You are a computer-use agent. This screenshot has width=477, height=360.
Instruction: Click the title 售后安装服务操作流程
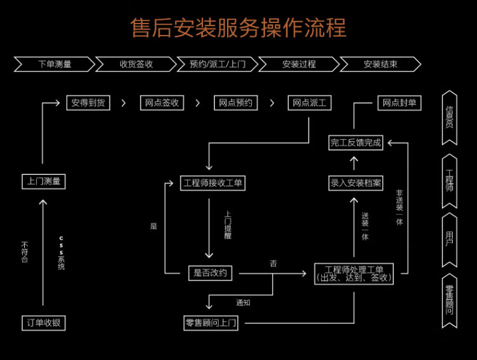[x=238, y=29]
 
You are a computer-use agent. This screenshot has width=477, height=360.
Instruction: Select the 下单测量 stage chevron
[x=54, y=64]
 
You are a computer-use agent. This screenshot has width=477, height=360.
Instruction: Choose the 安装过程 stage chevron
[x=298, y=64]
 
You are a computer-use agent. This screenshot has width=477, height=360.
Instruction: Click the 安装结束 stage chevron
[x=380, y=64]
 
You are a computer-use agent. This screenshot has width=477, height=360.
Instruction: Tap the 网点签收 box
[x=162, y=102]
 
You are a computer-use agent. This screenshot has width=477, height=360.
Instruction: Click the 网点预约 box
[x=235, y=102]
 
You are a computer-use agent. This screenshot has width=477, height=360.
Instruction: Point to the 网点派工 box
[x=310, y=102]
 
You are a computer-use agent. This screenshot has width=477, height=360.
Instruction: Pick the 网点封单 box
[x=399, y=102]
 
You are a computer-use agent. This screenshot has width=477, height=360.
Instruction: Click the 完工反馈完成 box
[x=356, y=143]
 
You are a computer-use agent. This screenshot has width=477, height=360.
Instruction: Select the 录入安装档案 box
[x=356, y=183]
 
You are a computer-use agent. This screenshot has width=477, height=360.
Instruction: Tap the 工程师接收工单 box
[x=213, y=183]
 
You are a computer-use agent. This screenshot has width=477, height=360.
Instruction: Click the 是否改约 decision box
[x=210, y=273]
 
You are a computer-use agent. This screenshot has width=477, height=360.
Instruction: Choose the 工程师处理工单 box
[x=354, y=273]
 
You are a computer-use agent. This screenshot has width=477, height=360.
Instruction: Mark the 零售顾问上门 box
[x=211, y=323]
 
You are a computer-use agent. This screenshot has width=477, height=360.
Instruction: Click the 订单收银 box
[x=43, y=322]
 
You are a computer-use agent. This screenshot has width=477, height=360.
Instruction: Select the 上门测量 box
[x=43, y=181]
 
